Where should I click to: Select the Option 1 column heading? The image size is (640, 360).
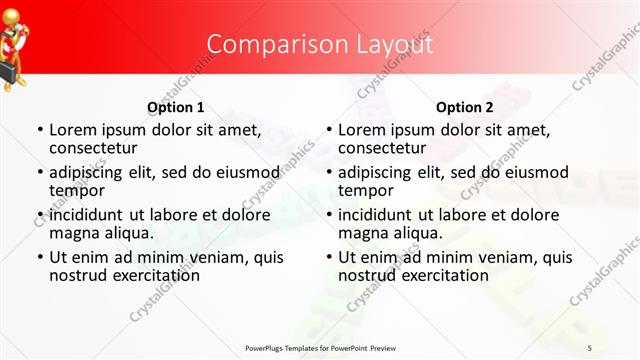pos(176,107)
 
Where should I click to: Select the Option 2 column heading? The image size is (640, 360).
pos(465,107)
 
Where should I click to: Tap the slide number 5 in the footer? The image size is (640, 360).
pos(590,347)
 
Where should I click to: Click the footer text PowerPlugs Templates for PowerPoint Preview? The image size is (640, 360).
pos(320,347)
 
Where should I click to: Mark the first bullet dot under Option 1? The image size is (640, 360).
pos(39,130)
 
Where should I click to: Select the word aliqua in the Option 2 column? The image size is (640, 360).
pos(409,232)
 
